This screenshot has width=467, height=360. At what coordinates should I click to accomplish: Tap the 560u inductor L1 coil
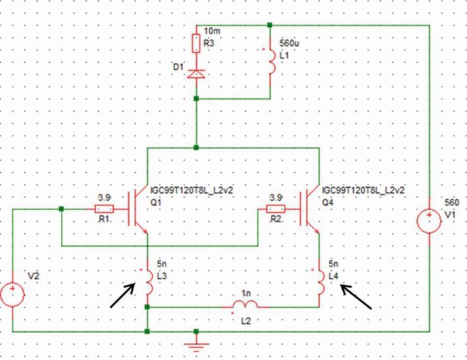pos(270,60)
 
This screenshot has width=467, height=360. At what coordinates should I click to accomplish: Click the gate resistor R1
pos(105,209)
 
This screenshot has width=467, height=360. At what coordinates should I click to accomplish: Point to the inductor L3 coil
pos(148,279)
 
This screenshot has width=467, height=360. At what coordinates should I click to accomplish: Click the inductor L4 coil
pos(320,280)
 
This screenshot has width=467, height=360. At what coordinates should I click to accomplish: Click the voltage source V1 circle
pos(429,221)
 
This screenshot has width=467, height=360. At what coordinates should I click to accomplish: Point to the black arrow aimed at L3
pos(124,295)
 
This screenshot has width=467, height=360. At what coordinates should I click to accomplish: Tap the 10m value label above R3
pos(212,31)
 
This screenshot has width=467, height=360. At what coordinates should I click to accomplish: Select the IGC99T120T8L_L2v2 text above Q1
pos(192,189)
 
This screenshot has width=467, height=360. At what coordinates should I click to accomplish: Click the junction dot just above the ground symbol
pos(196,331)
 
